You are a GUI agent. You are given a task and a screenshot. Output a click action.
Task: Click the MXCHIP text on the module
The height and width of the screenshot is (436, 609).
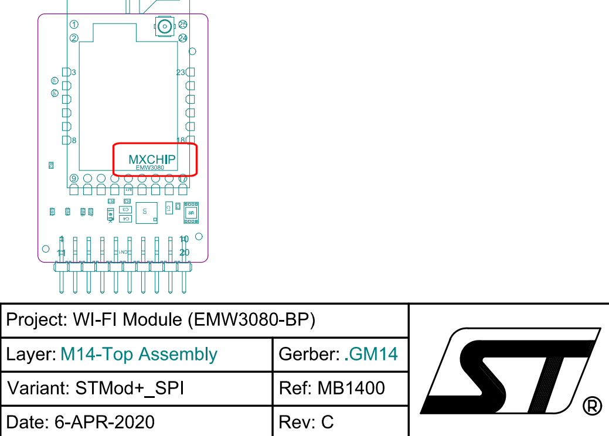(x=152, y=159)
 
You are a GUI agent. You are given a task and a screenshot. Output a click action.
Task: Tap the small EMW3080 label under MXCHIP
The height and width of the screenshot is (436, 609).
(x=150, y=168)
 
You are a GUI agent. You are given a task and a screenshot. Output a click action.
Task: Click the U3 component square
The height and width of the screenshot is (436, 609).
(x=146, y=212)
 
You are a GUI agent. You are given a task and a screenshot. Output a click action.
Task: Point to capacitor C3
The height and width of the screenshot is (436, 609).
(x=125, y=209)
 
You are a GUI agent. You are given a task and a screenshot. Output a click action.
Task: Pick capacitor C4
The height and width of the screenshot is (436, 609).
(x=125, y=219)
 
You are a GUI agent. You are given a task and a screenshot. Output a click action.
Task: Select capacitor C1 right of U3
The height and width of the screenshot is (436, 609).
(x=168, y=207)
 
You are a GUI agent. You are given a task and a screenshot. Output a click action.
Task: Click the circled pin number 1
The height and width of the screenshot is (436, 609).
(x=74, y=25)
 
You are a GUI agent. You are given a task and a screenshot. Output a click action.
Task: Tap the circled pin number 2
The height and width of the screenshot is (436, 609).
(x=74, y=38)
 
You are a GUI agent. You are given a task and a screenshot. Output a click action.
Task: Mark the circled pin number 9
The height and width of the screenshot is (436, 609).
(x=74, y=178)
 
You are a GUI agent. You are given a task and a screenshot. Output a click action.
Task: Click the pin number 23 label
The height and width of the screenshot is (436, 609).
(x=181, y=72)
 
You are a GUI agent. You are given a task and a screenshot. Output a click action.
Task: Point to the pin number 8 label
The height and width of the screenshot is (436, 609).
(x=73, y=140)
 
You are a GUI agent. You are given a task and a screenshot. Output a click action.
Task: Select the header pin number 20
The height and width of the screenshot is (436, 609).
(x=184, y=253)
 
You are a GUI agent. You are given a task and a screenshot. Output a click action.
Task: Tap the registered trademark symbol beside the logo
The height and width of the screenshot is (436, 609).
(x=593, y=406)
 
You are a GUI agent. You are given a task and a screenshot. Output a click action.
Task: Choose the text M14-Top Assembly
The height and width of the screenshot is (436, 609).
(x=139, y=355)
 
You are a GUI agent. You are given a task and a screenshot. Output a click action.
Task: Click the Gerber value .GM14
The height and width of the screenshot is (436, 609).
(x=370, y=354)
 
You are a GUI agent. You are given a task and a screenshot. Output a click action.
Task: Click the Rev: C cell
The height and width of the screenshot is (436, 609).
(x=307, y=421)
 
